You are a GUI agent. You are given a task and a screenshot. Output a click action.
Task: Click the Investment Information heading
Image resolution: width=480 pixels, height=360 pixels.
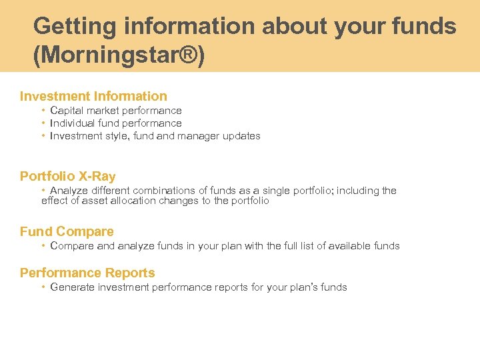tap(93, 96)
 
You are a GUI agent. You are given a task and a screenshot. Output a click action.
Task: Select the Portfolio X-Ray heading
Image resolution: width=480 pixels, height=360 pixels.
tap(67, 176)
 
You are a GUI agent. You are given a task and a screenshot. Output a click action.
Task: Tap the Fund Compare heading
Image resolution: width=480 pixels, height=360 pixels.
tap(67, 231)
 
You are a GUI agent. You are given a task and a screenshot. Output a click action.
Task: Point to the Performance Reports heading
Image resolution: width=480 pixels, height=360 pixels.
tap(87, 273)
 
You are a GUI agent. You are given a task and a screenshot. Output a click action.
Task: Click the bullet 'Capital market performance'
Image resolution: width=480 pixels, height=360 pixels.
tap(116, 111)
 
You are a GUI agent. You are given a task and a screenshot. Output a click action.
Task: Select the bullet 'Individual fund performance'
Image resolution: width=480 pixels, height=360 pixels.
tap(116, 123)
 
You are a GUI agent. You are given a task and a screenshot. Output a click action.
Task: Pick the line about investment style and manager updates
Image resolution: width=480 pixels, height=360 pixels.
tap(155, 136)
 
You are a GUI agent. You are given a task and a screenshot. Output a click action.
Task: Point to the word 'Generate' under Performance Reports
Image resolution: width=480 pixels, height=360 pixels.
tap(72, 287)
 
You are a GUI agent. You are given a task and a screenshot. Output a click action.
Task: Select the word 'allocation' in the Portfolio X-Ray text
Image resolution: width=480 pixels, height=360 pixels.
tap(135, 201)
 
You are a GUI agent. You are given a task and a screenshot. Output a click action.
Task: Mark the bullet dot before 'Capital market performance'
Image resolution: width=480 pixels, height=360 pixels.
tap(43, 111)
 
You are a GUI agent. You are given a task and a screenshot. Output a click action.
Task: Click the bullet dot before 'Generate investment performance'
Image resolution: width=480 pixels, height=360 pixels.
tap(43, 287)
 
